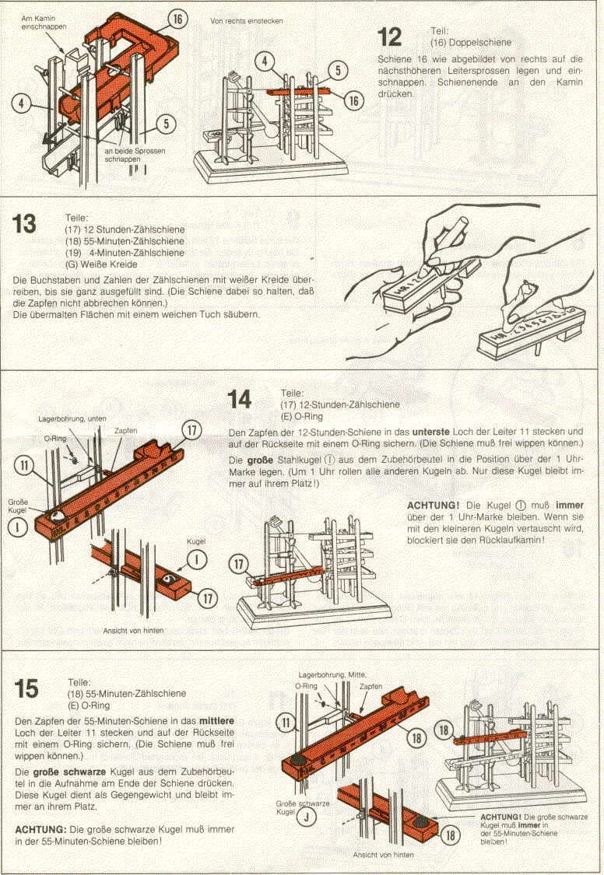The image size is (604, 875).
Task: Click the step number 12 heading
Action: pos(389,37)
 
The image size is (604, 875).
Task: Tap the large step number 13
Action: pos(24,224)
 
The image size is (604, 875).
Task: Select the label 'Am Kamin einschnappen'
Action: pos(44,23)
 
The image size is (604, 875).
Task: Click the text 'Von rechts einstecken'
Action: pos(246,21)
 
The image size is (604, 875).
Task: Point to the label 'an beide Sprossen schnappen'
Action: pos(135,155)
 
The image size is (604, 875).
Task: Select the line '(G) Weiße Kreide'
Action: pos(101,264)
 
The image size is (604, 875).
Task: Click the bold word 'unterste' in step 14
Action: pos(430,432)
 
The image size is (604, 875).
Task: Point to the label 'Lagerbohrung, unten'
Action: pos(72,418)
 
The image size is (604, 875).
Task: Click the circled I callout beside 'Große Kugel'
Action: pos(17,527)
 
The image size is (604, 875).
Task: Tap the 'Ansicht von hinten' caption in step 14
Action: pos(133,631)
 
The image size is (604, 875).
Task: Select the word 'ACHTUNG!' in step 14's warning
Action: pos(434,505)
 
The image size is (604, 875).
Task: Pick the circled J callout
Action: pos(307,817)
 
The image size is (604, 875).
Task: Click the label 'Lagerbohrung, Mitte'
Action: pos(332,674)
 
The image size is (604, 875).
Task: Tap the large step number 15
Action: pos(26,688)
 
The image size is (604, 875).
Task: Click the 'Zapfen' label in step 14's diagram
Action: pos(125,431)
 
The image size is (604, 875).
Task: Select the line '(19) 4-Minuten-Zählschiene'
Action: pos(125,253)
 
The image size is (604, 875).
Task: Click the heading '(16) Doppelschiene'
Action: pos(471,43)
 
